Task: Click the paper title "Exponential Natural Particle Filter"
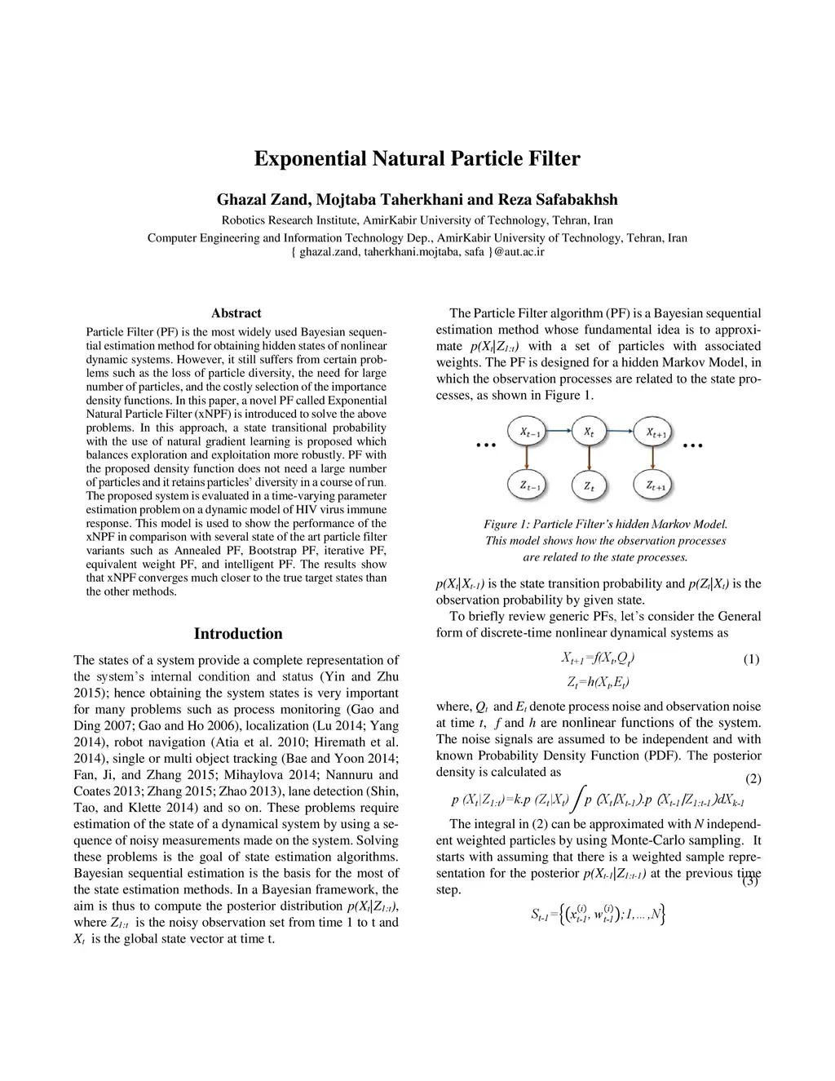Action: pos(417,158)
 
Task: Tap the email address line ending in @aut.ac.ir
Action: pos(417,252)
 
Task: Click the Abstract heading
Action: pos(236,313)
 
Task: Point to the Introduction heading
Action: pos(238,634)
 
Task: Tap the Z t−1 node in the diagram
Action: pos(529,486)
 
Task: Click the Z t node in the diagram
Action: pos(589,486)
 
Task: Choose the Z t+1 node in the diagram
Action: pos(656,486)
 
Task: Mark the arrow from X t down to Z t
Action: pos(589,460)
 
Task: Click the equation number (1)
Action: pos(750,659)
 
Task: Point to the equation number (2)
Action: pos(751,778)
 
